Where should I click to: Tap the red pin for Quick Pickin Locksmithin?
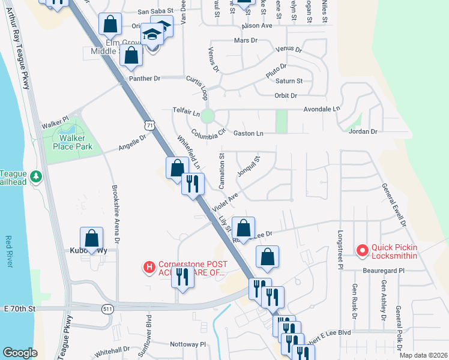tap(363, 251)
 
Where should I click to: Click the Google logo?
tap(20, 353)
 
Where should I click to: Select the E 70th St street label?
tap(19, 308)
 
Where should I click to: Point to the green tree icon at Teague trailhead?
tap(37, 176)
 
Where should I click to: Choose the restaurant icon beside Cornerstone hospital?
tap(182, 277)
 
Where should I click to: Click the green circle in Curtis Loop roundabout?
tap(208, 116)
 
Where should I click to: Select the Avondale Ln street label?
tap(321, 109)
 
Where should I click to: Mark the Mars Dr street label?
tap(245, 40)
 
